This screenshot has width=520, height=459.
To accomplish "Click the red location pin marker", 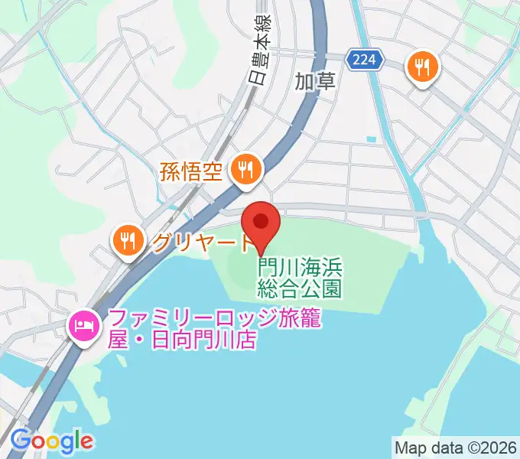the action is pyautogui.click(x=261, y=224).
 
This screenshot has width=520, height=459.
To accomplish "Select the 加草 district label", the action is pyautogui.click(x=315, y=81).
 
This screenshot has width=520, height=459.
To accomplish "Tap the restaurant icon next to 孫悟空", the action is pyautogui.click(x=245, y=169).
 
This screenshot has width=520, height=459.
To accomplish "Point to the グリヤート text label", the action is pyautogui.click(x=202, y=243).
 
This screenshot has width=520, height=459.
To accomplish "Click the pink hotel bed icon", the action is pyautogui.click(x=83, y=327).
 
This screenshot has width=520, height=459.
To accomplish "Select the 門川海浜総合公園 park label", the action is pyautogui.click(x=300, y=278).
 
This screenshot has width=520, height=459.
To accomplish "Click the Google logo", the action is pyautogui.click(x=51, y=441).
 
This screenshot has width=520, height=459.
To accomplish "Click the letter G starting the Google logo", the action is pyautogui.click(x=20, y=440).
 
